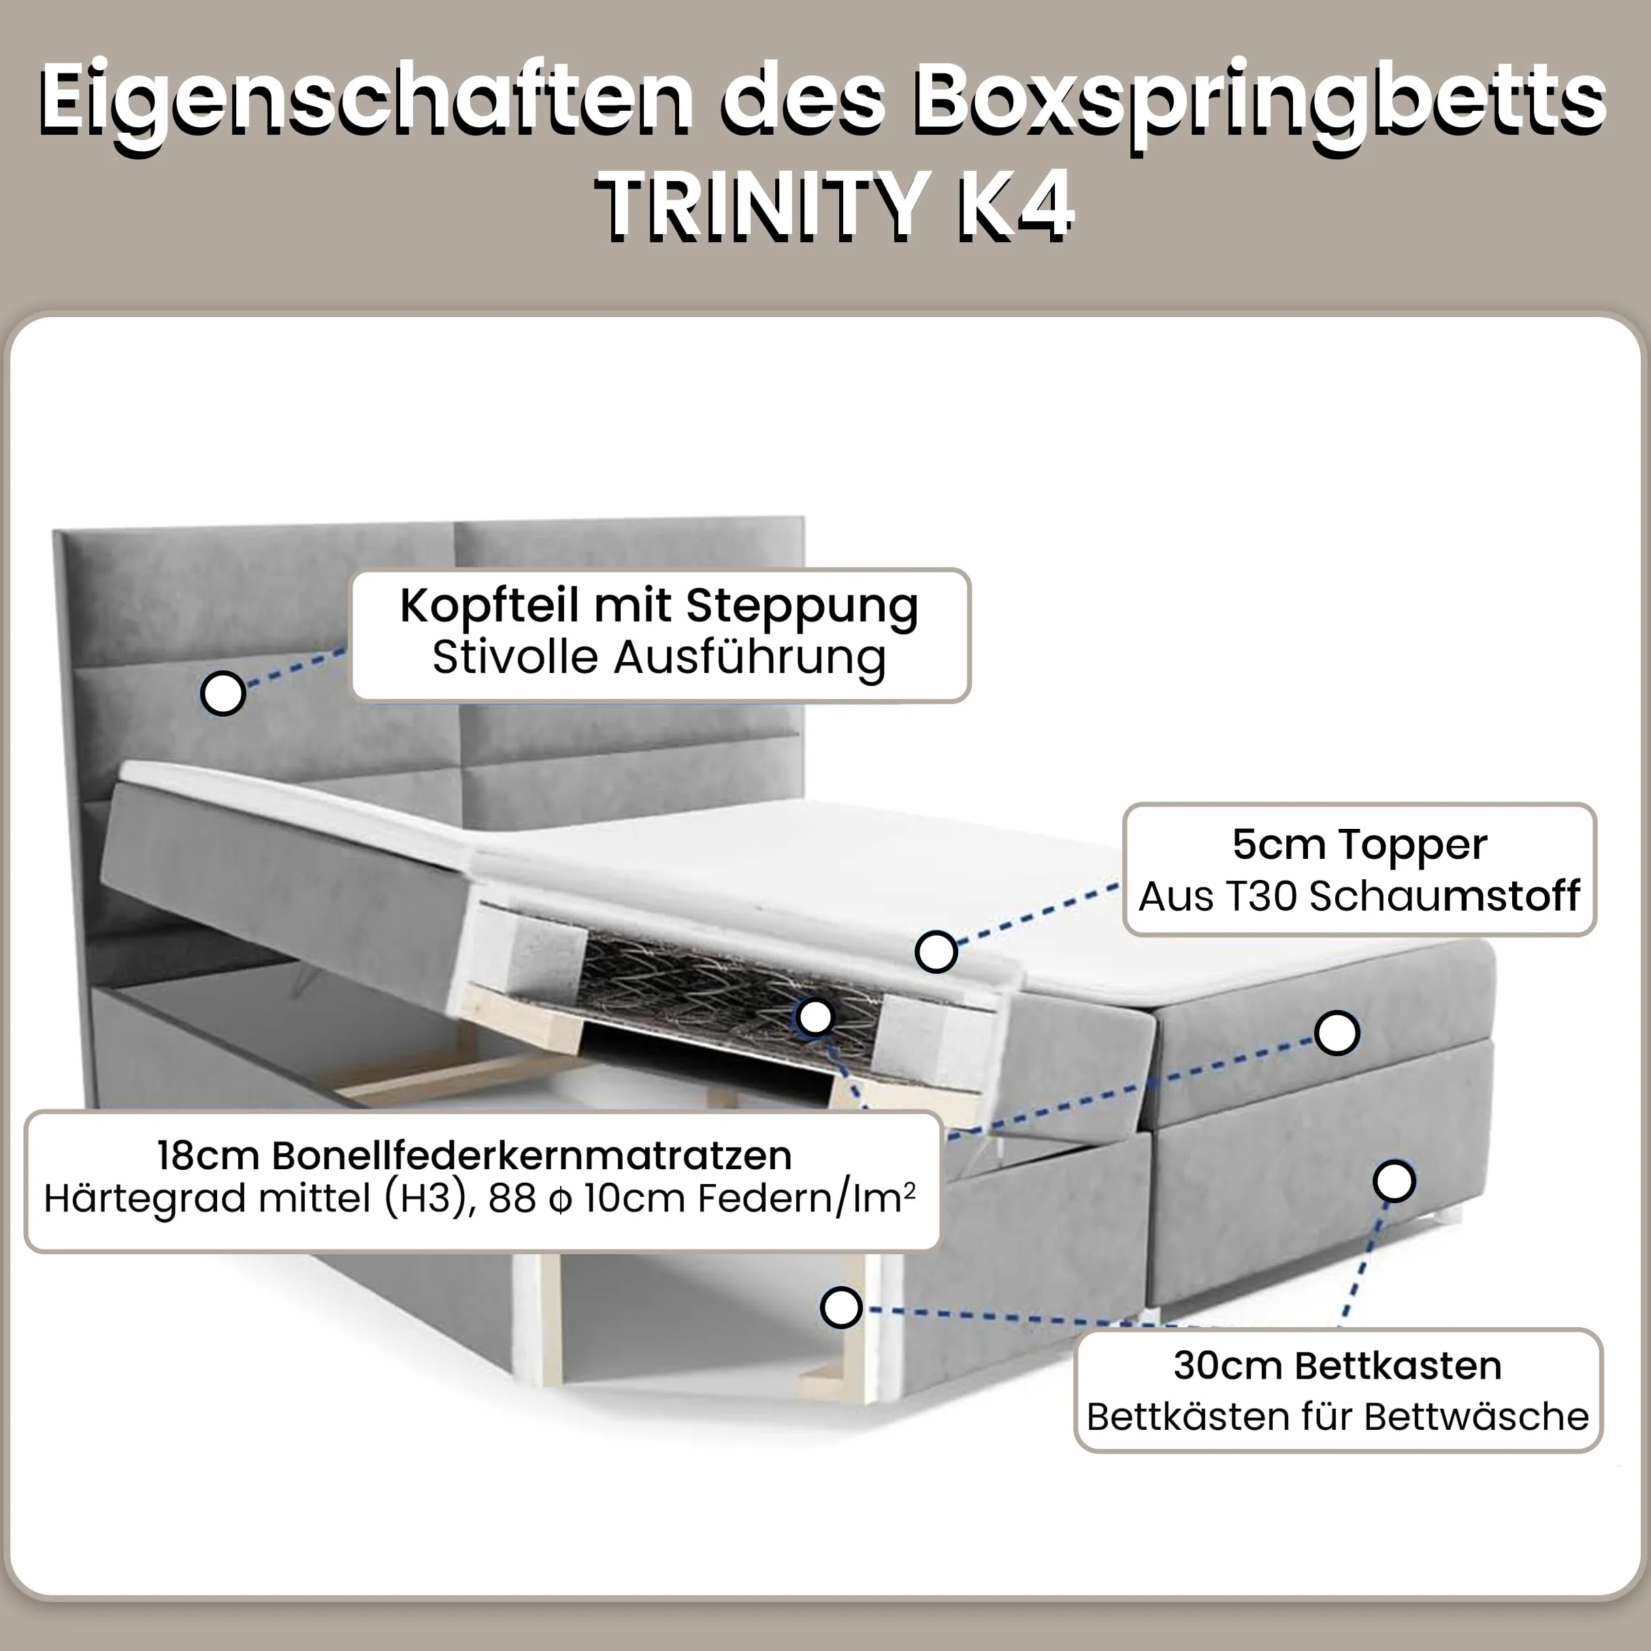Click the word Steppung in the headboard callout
(802, 608)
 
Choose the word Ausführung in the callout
(749, 659)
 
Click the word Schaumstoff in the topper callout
(1444, 896)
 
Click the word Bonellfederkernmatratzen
(532, 1156)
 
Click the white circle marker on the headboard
(223, 693)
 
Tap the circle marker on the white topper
(936, 951)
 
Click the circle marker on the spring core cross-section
(815, 1017)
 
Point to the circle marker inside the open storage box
(841, 1307)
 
